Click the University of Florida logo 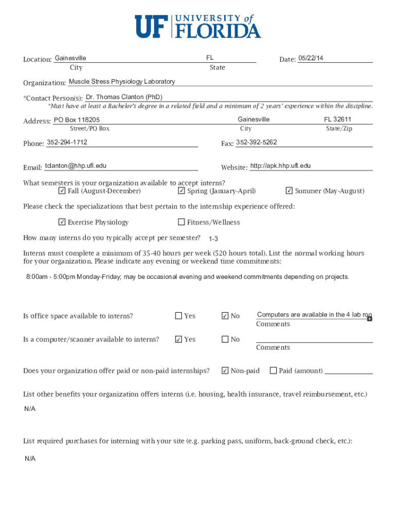click(198, 26)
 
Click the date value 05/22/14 click(311, 58)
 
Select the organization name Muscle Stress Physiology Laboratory click(122, 82)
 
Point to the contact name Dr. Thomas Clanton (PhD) click(124, 97)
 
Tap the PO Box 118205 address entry click(77, 120)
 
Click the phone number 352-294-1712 click(67, 142)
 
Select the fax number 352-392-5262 click(256, 142)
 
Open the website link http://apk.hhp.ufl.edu click(280, 166)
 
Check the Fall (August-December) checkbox click(62, 191)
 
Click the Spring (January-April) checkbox click(182, 191)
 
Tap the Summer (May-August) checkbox click(289, 191)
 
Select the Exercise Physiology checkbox click(62, 222)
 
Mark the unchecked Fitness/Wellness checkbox click(182, 222)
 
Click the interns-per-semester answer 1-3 click(213, 239)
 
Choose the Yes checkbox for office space click(178, 316)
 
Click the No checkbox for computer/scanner click(225, 340)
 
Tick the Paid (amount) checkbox click(273, 370)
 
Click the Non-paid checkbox click(225, 370)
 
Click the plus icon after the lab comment click(370, 319)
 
